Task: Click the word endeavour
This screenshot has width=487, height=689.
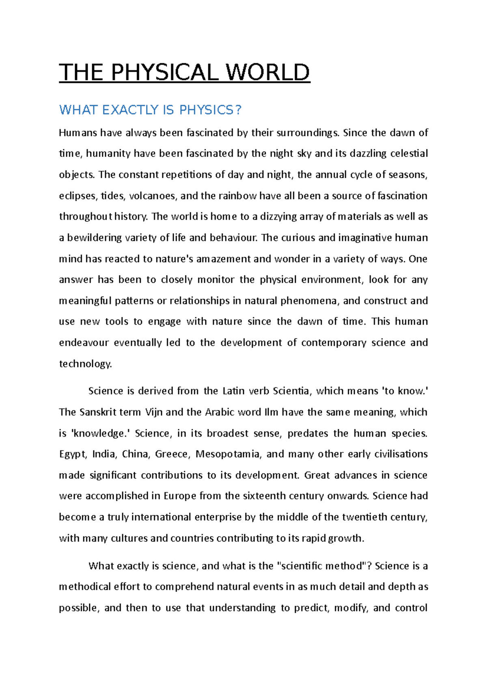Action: click(x=83, y=342)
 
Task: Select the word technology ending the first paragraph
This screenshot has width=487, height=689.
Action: click(x=85, y=364)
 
